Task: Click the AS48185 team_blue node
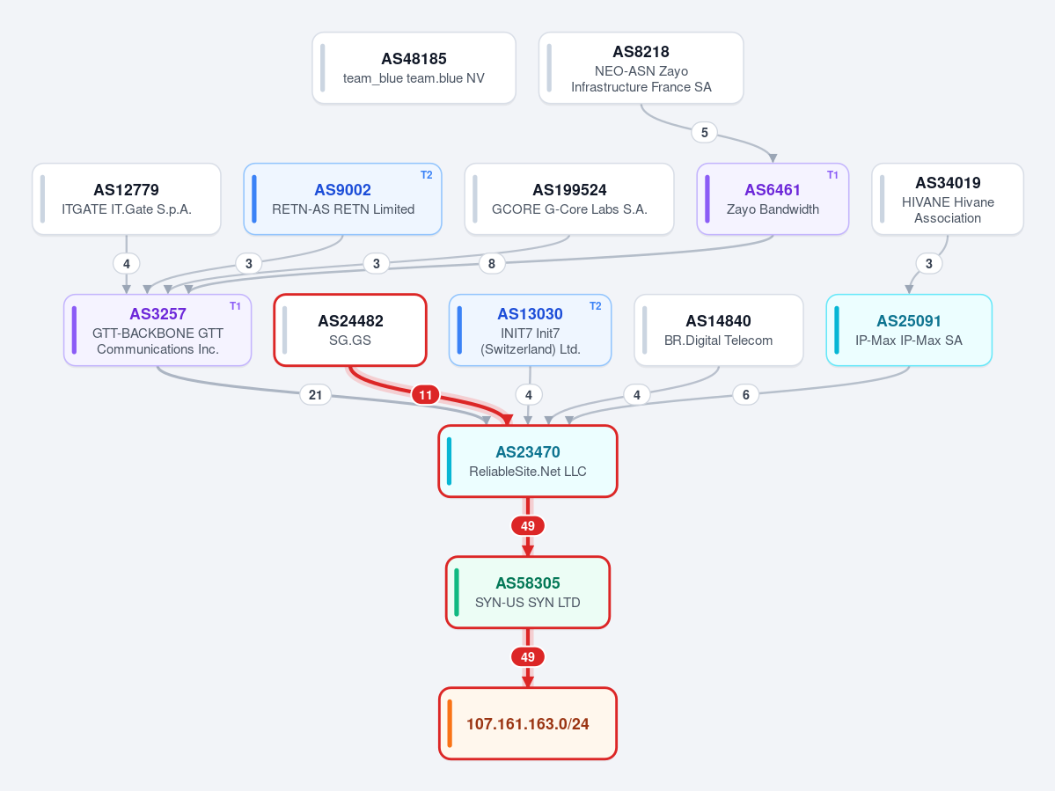pyautogui.click(x=414, y=68)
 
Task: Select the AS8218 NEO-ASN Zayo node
pyautogui.click(x=641, y=68)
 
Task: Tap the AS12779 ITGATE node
pyautogui.click(x=127, y=199)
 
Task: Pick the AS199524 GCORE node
pyautogui.click(x=569, y=199)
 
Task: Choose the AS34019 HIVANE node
pyautogui.click(x=948, y=199)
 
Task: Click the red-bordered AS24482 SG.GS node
pyautogui.click(x=350, y=330)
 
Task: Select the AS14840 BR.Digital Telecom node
pyautogui.click(x=719, y=330)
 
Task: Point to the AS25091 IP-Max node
pyautogui.click(x=909, y=330)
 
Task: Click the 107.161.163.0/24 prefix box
pyautogui.click(x=528, y=724)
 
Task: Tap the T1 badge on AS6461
pyautogui.click(x=832, y=175)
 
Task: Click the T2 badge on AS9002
pyautogui.click(x=427, y=175)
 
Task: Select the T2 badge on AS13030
pyautogui.click(x=596, y=306)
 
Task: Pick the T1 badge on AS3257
pyautogui.click(x=235, y=306)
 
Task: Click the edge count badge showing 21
pyautogui.click(x=316, y=395)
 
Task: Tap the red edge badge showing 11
pyautogui.click(x=425, y=395)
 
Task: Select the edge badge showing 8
pyautogui.click(x=492, y=264)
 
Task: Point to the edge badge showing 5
pyautogui.click(x=705, y=133)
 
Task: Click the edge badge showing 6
pyautogui.click(x=745, y=395)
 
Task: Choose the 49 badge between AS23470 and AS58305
pyautogui.click(x=528, y=526)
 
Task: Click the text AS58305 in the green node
pyautogui.click(x=528, y=583)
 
